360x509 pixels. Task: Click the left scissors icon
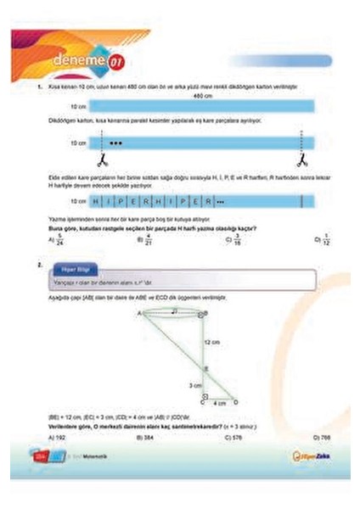click(x=99, y=159)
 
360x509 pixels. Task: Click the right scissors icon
click(x=300, y=159)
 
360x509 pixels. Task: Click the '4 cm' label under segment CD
click(x=219, y=404)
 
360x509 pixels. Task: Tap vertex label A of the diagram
click(x=138, y=313)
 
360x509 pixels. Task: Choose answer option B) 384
click(x=145, y=437)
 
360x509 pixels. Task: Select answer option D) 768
click(x=319, y=437)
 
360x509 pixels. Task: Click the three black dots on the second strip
click(x=116, y=143)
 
